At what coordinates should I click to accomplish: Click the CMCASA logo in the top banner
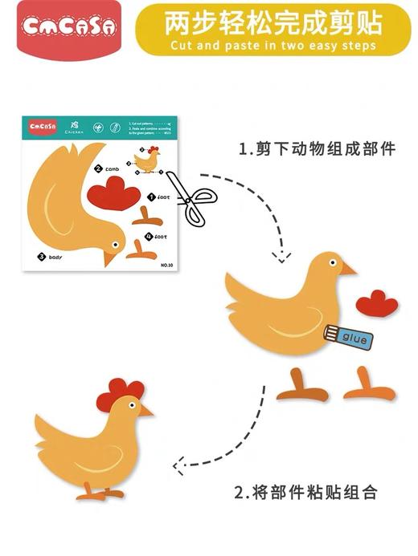pyautogui.click(x=68, y=27)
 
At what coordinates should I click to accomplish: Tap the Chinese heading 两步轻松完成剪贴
pyautogui.click(x=273, y=22)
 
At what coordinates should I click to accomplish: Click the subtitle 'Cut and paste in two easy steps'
pyautogui.click(x=273, y=46)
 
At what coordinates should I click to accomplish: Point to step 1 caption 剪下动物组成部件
pyautogui.click(x=317, y=148)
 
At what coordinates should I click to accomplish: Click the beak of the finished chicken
pyautogui.click(x=145, y=411)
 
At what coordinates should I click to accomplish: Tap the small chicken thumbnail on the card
pyautogui.click(x=146, y=160)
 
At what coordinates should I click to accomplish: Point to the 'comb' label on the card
pyautogui.click(x=112, y=169)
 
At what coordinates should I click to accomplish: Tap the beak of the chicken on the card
pyautogui.click(x=109, y=258)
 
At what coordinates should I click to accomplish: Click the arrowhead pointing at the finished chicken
pyautogui.click(x=178, y=463)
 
